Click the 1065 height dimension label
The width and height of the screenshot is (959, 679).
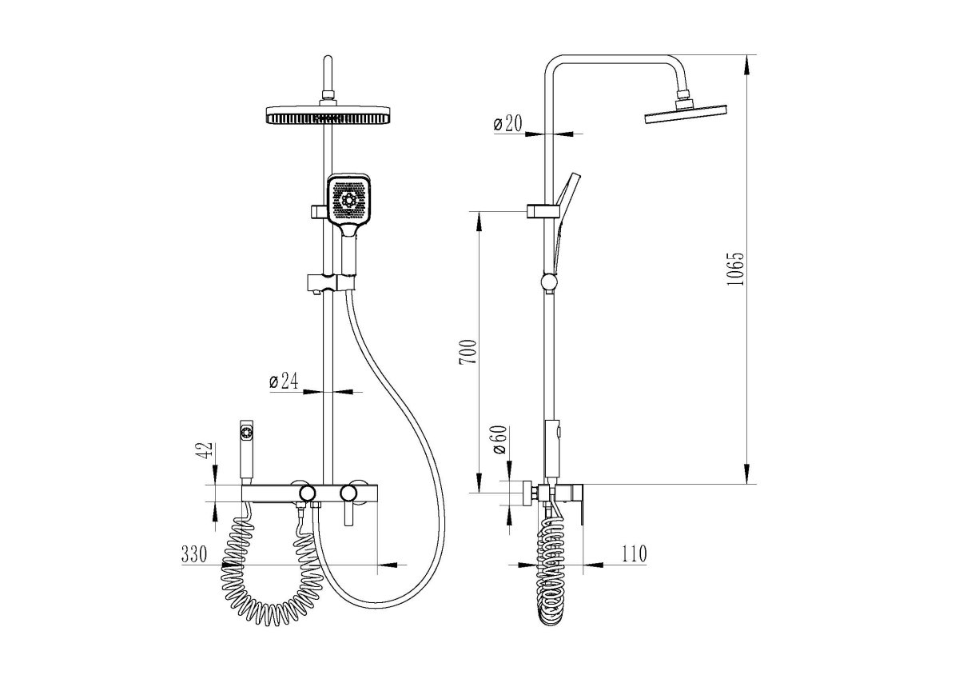736,270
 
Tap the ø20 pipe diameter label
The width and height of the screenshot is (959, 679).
507,124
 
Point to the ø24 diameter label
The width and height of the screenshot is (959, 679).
284,381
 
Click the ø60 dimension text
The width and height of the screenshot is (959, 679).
499,440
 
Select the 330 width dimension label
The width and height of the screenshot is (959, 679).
194,554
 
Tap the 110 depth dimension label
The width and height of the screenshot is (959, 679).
634,554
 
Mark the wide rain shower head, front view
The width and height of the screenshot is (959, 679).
328,114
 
